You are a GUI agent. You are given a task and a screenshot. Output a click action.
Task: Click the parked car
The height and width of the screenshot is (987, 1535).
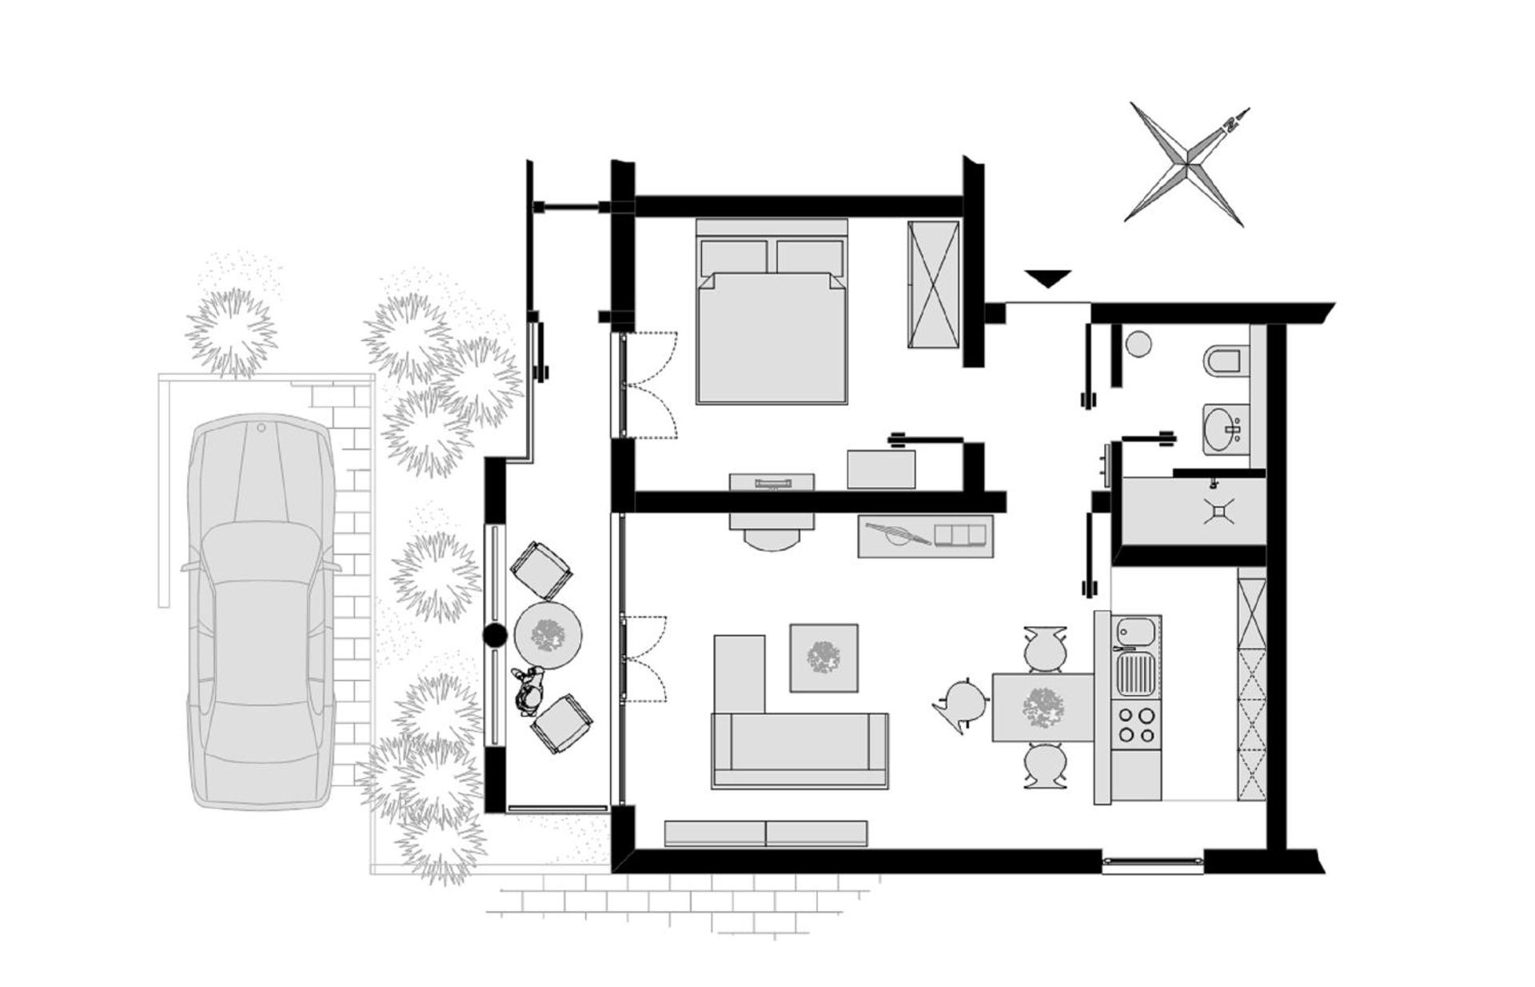pos(261,612)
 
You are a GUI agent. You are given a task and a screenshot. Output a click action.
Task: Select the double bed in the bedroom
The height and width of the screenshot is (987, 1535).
pos(771,320)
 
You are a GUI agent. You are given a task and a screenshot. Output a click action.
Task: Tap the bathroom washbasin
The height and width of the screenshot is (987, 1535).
pos(1226,428)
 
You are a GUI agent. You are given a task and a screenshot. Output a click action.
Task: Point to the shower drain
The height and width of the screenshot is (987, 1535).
pos(1220,511)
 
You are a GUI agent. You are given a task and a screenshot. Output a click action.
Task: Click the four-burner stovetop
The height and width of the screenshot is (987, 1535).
pos(1136,725)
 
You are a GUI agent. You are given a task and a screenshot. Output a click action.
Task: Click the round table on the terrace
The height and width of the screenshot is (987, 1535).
pos(548,635)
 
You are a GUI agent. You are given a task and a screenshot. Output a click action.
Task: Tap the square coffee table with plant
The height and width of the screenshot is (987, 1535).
pos(823,657)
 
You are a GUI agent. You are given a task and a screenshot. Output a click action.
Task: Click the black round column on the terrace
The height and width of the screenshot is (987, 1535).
pos(495,636)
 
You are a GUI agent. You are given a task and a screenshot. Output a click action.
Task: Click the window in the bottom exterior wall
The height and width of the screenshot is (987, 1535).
pos(1152,861)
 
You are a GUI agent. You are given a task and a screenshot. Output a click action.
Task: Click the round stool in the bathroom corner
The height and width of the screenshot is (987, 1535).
pos(1138,345)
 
